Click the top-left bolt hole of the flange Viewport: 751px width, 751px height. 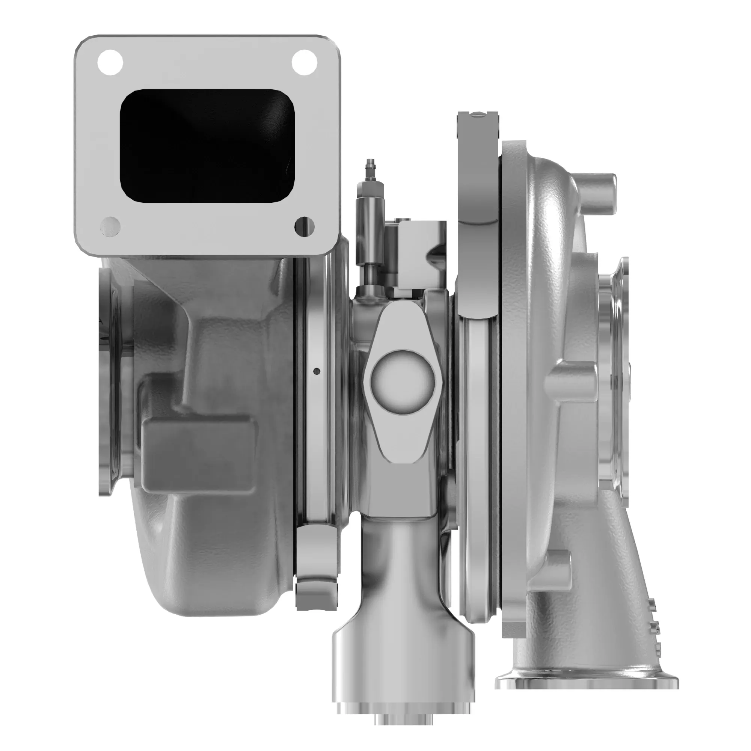pos(110,63)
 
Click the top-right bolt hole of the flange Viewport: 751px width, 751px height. pos(305,63)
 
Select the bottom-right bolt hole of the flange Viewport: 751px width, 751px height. pos(305,226)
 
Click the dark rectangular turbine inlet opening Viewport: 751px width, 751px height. pos(207,146)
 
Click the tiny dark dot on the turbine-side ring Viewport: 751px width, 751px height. pos(317,371)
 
